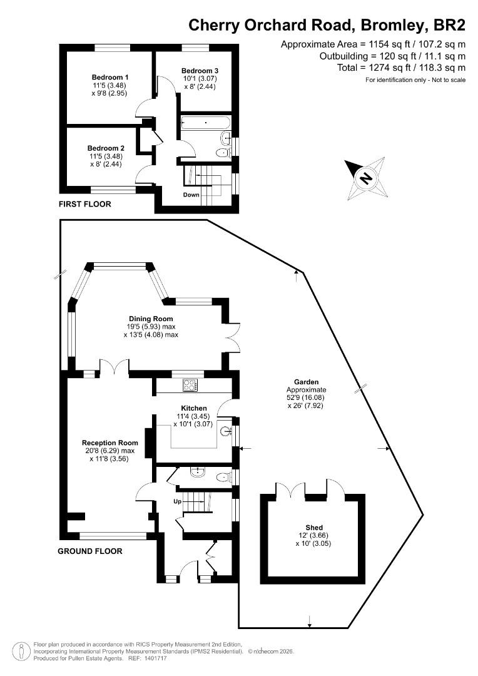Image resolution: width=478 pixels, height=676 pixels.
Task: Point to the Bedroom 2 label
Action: point(104,148)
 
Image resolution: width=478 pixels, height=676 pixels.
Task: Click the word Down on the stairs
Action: point(191,195)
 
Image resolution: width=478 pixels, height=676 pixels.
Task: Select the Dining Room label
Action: point(151,319)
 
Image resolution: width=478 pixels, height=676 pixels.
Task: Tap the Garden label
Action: point(307,381)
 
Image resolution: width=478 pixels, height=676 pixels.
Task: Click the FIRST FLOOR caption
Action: point(84,204)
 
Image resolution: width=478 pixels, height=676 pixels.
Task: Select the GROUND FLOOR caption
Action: point(89,551)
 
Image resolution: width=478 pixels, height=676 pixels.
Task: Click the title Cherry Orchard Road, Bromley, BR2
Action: point(327,25)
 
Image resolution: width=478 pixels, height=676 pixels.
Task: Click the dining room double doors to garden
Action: point(231,337)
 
